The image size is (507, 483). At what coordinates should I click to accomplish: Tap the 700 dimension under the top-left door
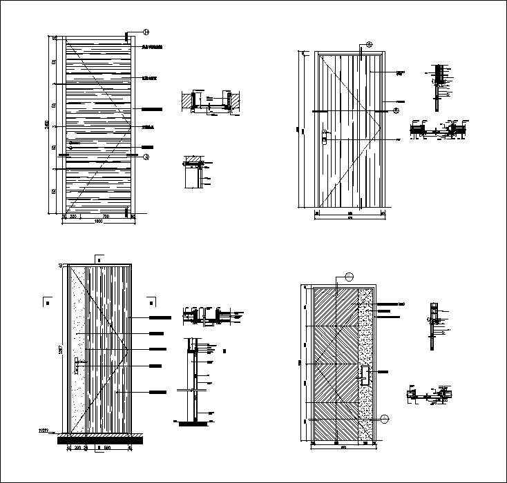106,217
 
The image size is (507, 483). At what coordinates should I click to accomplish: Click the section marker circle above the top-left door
146,32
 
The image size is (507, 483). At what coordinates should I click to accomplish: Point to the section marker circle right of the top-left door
146,157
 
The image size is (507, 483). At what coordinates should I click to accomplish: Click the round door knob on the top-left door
69,146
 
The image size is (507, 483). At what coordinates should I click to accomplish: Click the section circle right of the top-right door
396,109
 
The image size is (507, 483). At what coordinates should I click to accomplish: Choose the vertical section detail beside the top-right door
438,86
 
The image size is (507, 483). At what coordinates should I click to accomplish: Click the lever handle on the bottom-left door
80,366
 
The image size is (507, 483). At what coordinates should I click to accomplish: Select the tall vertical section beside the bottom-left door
194,379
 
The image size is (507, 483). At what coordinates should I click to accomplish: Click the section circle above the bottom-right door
349,277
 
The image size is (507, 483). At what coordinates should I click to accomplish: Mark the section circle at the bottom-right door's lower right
385,418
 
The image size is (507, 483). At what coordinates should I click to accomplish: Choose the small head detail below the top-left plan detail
195,171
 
